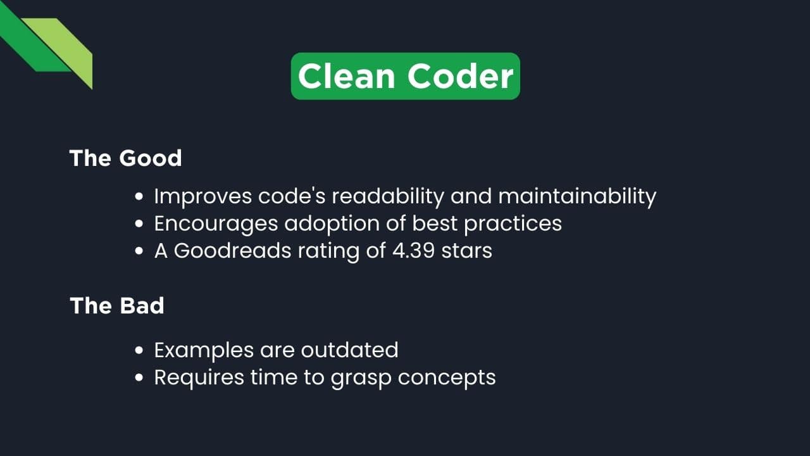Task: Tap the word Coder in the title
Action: point(460,76)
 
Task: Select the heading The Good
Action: point(125,158)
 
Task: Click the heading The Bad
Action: point(117,306)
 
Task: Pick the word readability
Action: point(387,196)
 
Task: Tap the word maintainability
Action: point(577,196)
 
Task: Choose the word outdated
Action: point(349,350)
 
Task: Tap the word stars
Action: point(468,250)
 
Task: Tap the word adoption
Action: point(332,224)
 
